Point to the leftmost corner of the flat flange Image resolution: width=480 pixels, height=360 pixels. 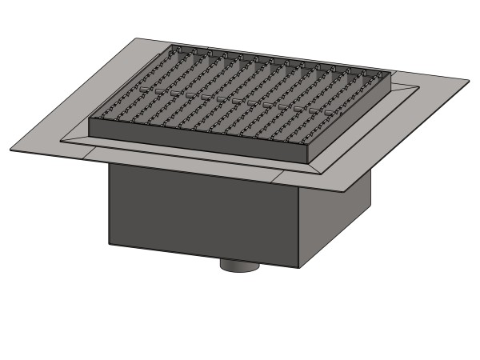pyautogui.click(x=11, y=150)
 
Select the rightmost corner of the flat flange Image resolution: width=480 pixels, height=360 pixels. pyautogui.click(x=468, y=79)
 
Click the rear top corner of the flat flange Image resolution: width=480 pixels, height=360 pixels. pyautogui.click(x=137, y=36)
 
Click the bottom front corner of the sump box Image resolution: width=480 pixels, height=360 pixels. pyautogui.click(x=299, y=268)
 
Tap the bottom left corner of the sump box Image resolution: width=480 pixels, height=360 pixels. pyautogui.click(x=110, y=242)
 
